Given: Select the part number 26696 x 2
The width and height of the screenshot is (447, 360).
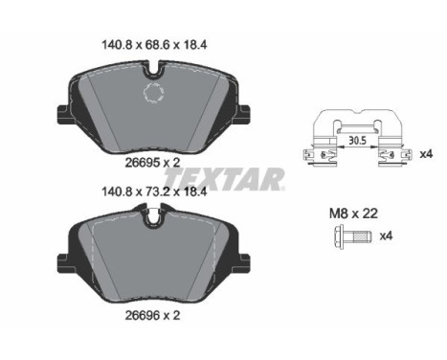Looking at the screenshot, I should coord(153,313).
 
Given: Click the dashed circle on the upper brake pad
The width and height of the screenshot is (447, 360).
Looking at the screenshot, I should coord(153,94).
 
